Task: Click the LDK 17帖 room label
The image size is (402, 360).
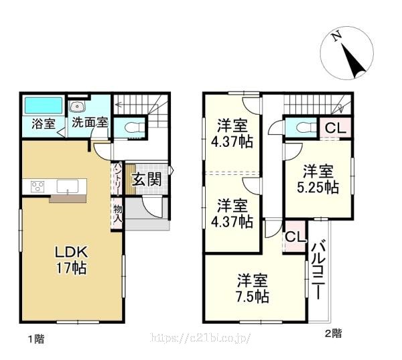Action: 72,260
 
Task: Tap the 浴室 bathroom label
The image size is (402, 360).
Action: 44,124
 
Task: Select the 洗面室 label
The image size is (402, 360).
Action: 90,123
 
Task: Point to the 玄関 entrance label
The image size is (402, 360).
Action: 147,179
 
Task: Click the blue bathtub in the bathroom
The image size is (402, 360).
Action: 44,105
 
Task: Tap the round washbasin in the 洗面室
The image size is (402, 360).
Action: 76,106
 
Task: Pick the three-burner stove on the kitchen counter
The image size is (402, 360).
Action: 38,186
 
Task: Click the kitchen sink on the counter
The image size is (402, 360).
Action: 68,186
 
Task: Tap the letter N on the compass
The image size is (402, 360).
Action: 337,36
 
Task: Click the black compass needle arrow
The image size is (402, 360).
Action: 353,60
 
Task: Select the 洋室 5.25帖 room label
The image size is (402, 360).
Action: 318,180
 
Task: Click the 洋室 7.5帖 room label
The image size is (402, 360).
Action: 253,288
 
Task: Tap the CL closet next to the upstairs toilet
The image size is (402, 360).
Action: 336,127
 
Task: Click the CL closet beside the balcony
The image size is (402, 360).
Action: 295,237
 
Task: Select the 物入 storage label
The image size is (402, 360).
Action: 118,214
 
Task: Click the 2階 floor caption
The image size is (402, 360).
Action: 333,334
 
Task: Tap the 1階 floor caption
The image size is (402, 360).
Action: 36,339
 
